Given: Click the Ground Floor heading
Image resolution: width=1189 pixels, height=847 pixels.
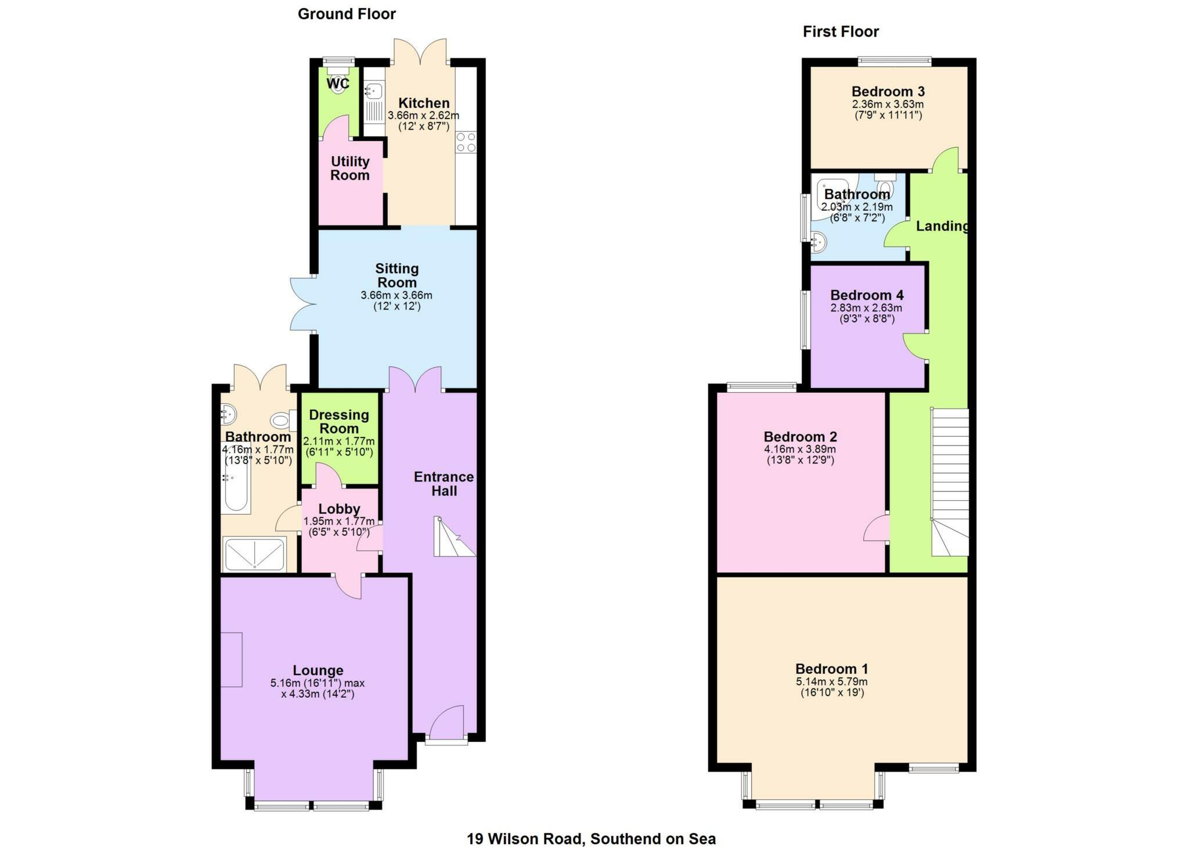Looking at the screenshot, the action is pos(347,14).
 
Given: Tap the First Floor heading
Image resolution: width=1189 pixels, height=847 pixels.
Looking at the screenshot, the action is pos(841,31).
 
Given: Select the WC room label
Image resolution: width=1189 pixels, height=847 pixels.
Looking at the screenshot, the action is pos(338,84).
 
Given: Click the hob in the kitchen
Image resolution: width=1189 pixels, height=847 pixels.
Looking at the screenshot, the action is pos(466,142).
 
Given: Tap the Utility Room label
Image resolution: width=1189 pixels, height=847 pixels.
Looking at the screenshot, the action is pos(350,168).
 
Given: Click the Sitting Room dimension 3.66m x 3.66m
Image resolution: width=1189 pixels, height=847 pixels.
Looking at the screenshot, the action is pos(397,295).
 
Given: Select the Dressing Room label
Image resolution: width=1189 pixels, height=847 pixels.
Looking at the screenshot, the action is pos(339,422).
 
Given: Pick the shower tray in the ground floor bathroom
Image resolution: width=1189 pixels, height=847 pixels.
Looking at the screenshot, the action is pos(255,555).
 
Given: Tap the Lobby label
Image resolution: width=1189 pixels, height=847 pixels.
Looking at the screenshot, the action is pos(339,509).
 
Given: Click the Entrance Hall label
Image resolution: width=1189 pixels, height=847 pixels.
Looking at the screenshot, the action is pos(444,484).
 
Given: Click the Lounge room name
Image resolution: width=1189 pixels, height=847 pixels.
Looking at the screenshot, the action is pos(318,670).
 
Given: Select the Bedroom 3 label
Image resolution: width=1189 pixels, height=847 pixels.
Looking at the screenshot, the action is pos(888,91).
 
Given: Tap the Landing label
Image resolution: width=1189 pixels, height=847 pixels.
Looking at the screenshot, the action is pos(942,226).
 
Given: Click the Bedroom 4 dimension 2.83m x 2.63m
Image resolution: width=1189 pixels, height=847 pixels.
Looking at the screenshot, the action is pos(866,308).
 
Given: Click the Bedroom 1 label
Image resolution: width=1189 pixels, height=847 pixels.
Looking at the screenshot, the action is pos(831,669).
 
